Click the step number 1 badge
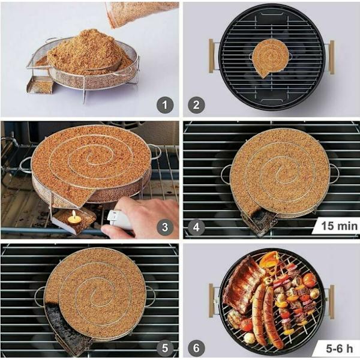[x=165, y=105]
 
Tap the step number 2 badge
[x=196, y=105]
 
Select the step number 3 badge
[x=165, y=227]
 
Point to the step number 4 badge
[x=196, y=227]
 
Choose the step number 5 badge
[x=165, y=348]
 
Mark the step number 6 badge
[x=196, y=348]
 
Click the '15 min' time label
[x=340, y=226]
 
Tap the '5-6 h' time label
[x=340, y=349]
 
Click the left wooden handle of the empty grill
[x=211, y=56]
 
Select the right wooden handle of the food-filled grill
[x=332, y=301]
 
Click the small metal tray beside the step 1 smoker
[x=40, y=85]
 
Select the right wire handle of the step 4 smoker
[x=334, y=173]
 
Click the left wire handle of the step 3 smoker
[x=25, y=165]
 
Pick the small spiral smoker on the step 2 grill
[x=271, y=58]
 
